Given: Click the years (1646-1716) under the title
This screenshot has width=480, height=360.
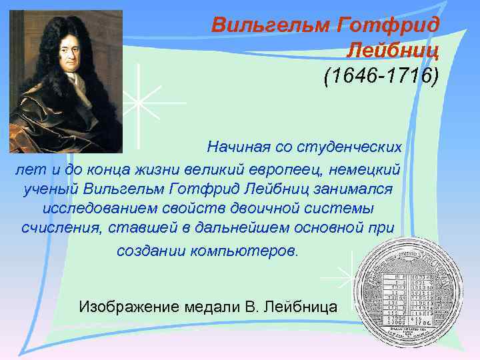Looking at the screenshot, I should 381,75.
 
